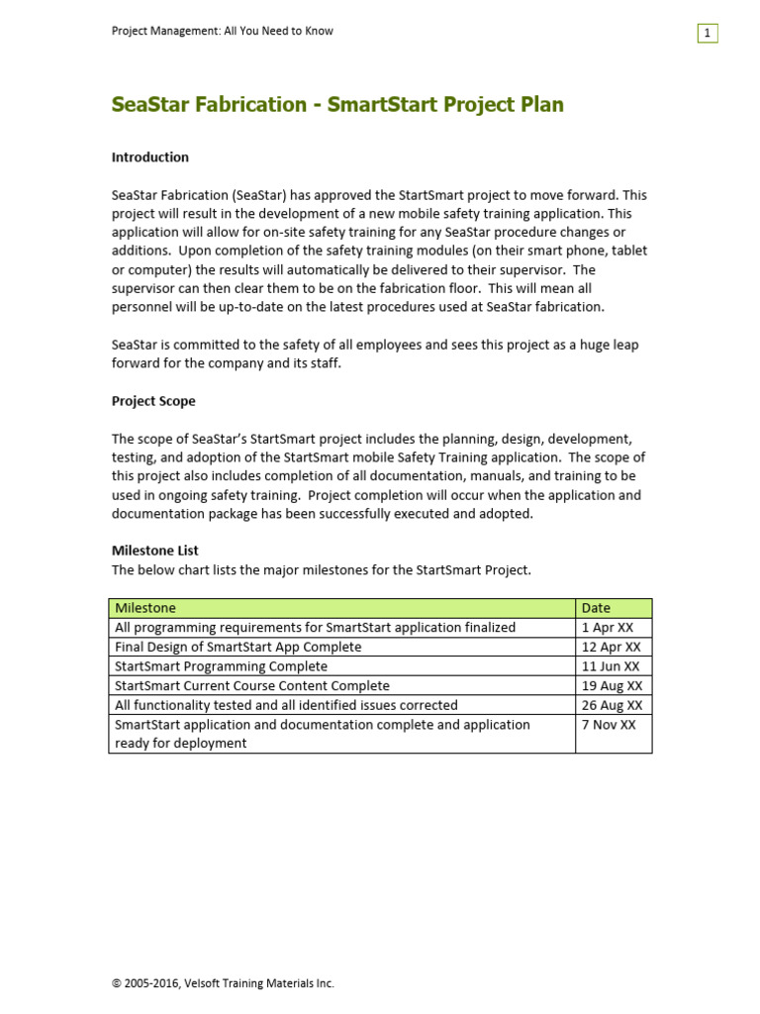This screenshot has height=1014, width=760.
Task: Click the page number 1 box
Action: point(707,34)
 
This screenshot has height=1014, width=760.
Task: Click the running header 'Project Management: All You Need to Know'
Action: point(222,31)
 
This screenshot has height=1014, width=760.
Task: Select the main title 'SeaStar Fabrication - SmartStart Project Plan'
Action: point(337,105)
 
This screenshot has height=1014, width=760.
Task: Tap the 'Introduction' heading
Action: point(149,157)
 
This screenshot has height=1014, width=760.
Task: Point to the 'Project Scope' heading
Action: point(153,401)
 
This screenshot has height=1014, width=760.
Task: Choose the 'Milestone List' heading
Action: point(154,551)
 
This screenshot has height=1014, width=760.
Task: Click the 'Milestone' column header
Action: point(145,608)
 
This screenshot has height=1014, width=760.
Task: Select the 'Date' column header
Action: point(596,608)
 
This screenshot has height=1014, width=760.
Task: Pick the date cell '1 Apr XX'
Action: point(608,627)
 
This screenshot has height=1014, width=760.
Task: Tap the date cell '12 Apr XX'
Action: point(611,647)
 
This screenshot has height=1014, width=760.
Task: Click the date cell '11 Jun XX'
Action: point(611,666)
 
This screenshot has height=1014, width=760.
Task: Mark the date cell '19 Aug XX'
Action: point(612,685)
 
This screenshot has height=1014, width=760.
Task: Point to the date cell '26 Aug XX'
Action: point(612,705)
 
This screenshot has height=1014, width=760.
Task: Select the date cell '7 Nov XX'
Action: point(609,725)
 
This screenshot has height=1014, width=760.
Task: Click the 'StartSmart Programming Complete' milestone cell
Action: point(221,666)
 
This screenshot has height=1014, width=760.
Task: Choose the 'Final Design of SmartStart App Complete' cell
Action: point(238,647)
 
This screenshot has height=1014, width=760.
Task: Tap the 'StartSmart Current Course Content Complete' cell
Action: point(252,685)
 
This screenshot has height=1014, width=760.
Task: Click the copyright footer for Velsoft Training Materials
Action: point(223,983)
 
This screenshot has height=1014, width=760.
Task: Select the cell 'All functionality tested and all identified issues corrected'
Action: point(286,705)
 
